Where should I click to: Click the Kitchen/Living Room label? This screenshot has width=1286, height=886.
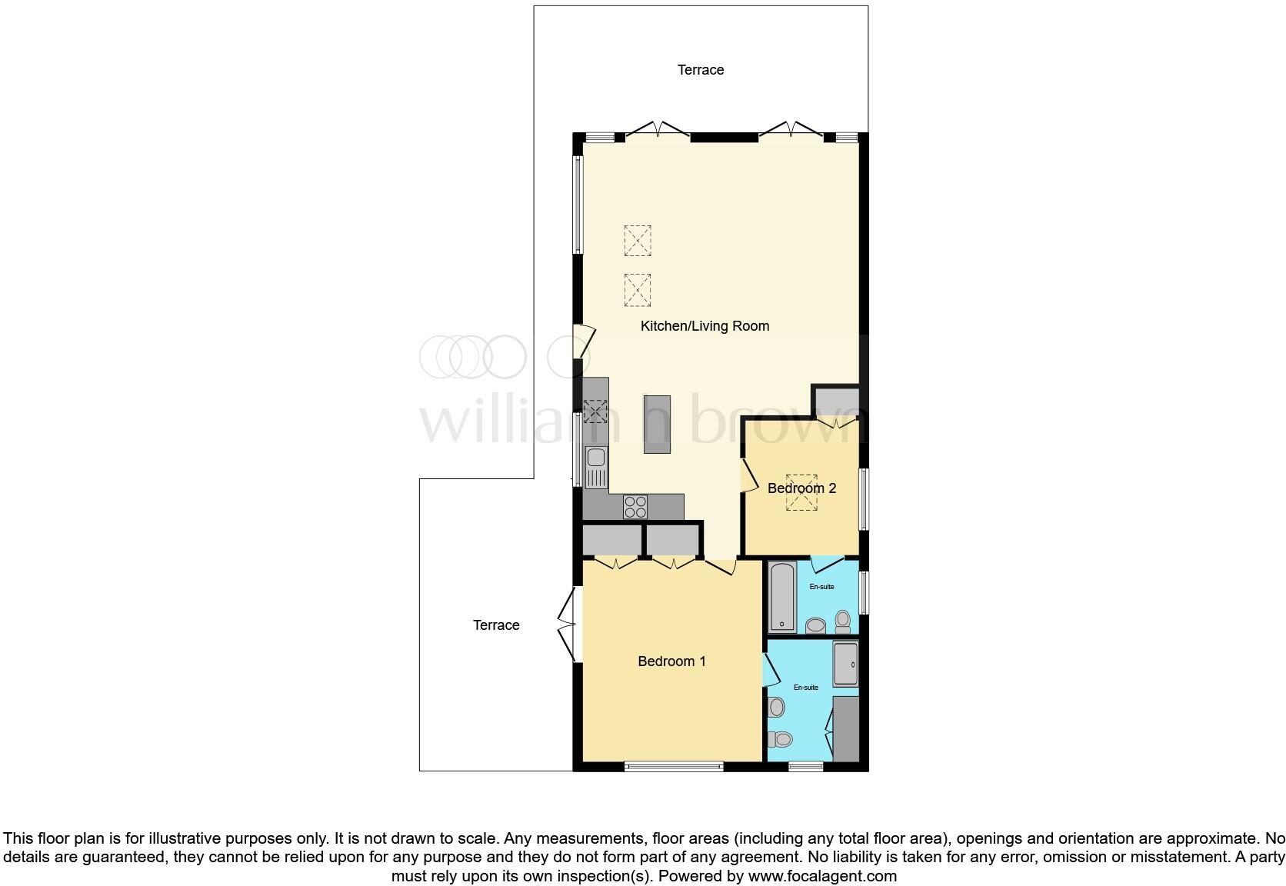[705, 326]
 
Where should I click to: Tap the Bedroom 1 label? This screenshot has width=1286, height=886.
[671, 661]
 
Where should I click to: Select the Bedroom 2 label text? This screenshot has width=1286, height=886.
[801, 488]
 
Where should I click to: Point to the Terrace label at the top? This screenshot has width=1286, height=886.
[700, 70]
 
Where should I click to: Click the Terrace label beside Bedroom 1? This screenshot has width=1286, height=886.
[496, 625]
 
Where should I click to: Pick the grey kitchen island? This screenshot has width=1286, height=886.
[657, 425]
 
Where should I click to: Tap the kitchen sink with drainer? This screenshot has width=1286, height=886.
[596, 467]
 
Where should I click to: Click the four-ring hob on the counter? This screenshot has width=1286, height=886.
[635, 506]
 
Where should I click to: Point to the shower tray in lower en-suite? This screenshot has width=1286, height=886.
[846, 663]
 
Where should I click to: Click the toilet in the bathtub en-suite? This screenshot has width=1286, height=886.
[843, 619]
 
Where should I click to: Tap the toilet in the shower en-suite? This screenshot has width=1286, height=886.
[780, 739]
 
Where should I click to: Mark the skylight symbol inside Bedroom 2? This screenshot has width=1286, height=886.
[801, 492]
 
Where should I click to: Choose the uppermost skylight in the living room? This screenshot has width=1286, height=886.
[638, 240]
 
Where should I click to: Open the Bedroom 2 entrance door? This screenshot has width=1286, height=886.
[748, 475]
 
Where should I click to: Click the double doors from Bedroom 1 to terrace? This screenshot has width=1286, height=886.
[567, 625]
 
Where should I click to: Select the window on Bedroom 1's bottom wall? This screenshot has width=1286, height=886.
[674, 766]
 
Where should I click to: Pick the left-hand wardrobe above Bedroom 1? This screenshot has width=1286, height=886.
[611, 539]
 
